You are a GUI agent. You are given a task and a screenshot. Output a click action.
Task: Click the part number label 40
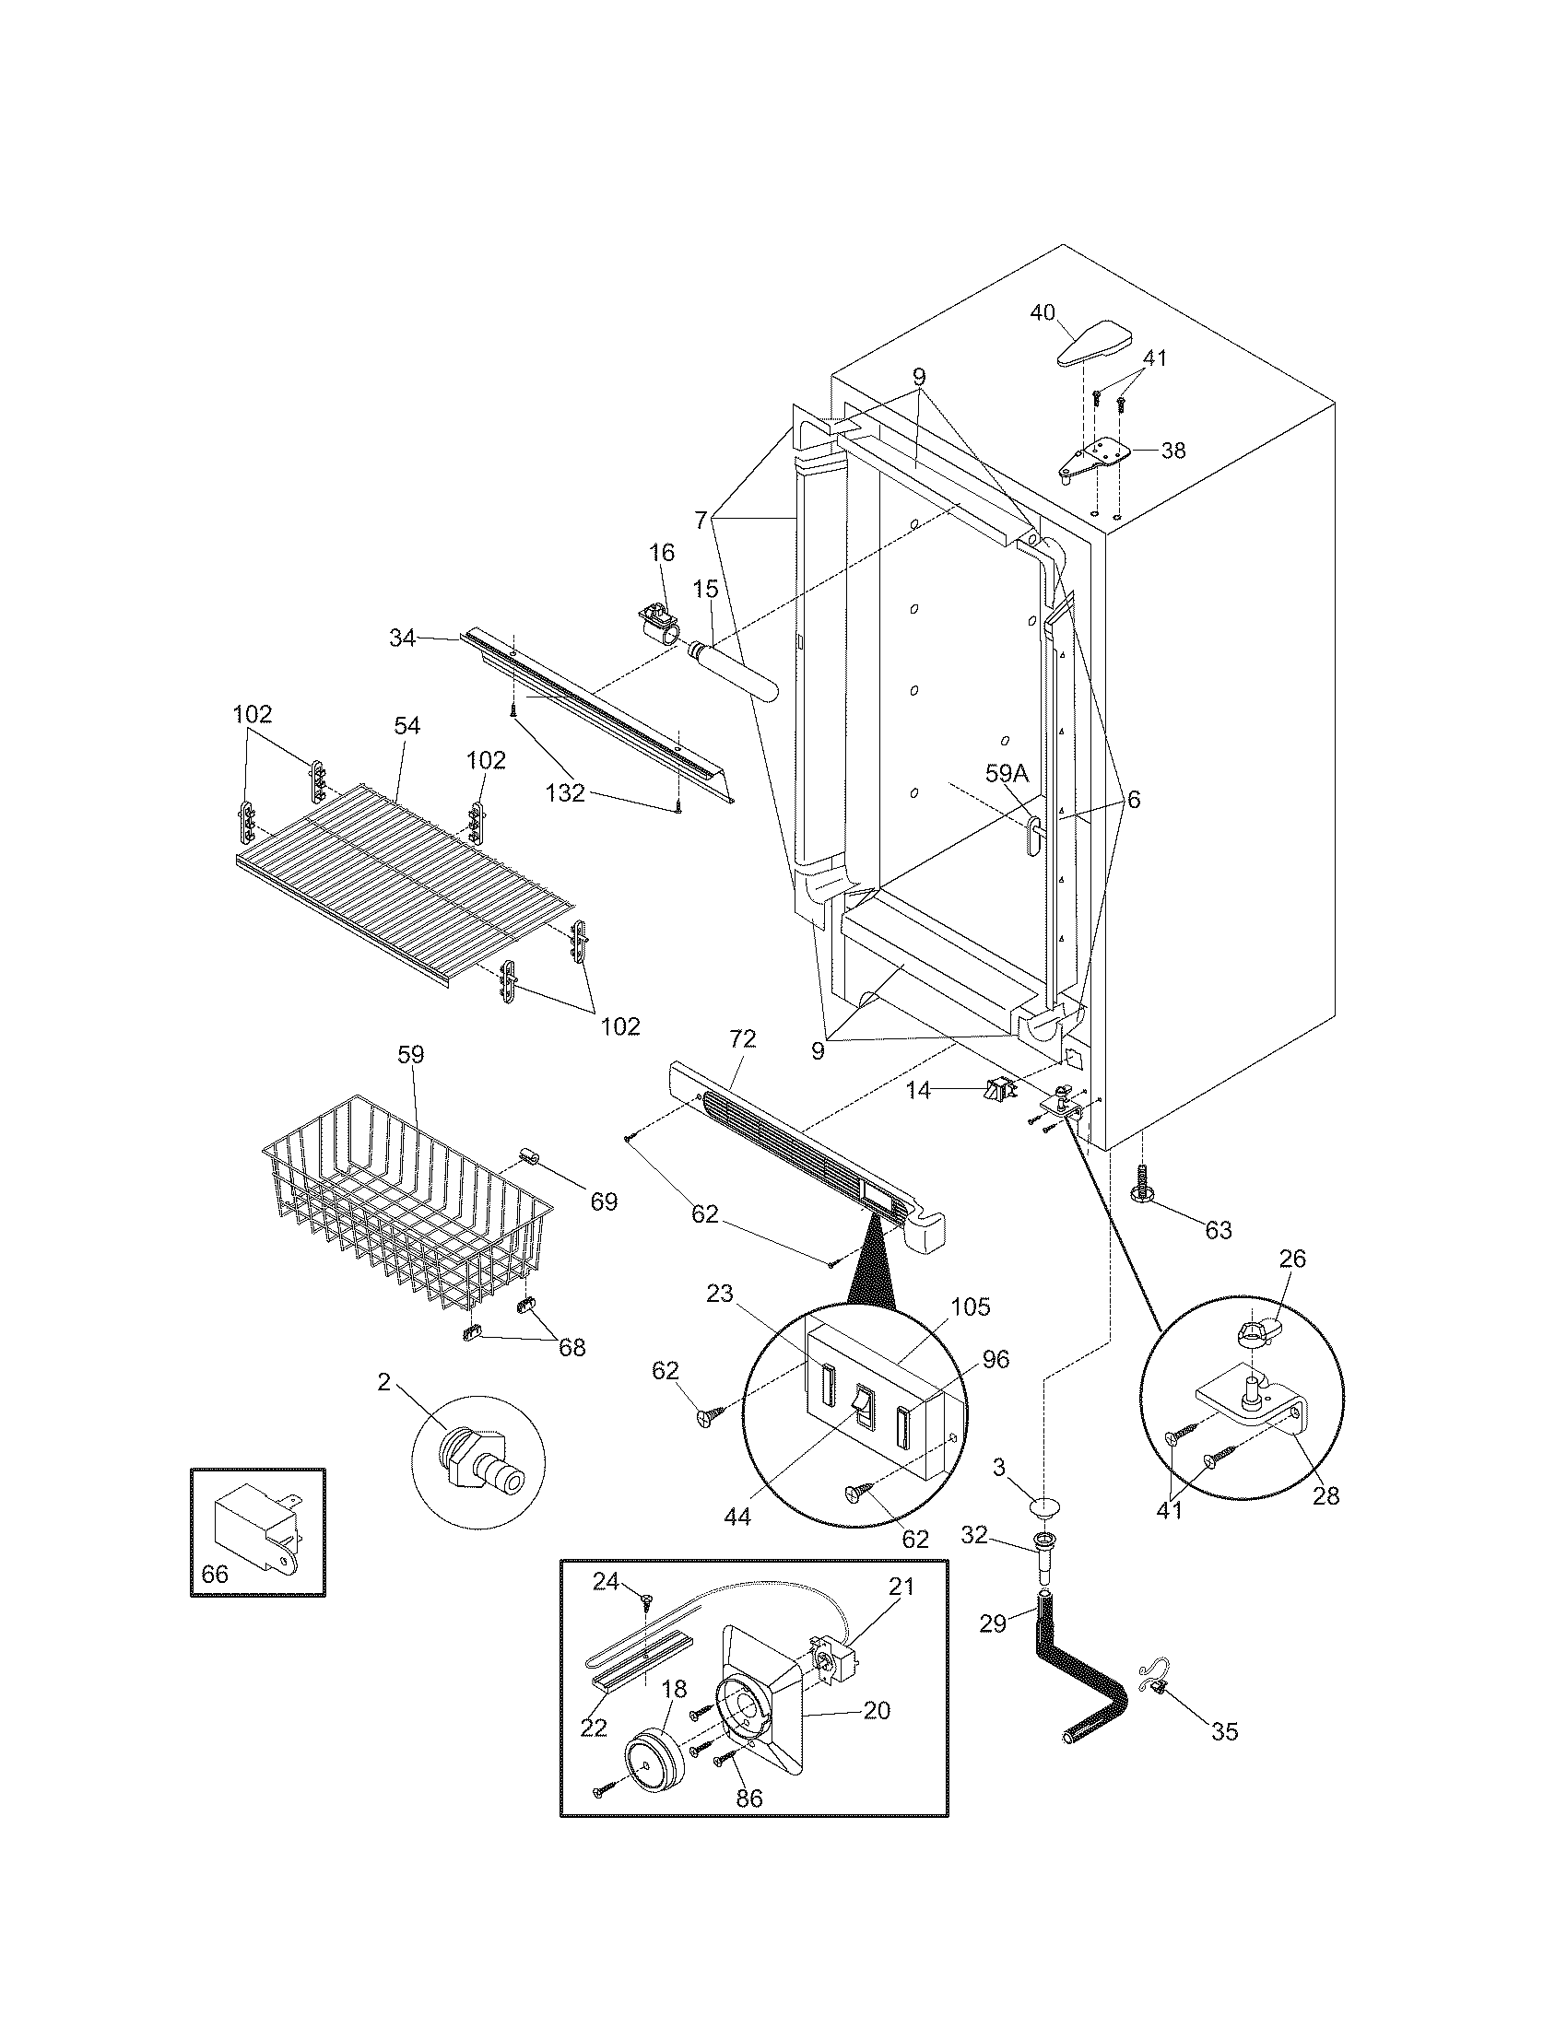(1043, 312)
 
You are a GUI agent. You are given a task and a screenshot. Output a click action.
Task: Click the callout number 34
(402, 638)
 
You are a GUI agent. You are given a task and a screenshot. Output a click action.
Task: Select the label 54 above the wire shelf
(406, 726)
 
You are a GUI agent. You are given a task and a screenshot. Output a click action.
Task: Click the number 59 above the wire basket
(410, 1054)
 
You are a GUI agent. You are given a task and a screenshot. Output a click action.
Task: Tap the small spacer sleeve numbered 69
(531, 1161)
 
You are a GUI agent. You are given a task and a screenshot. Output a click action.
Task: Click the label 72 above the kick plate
(743, 1038)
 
